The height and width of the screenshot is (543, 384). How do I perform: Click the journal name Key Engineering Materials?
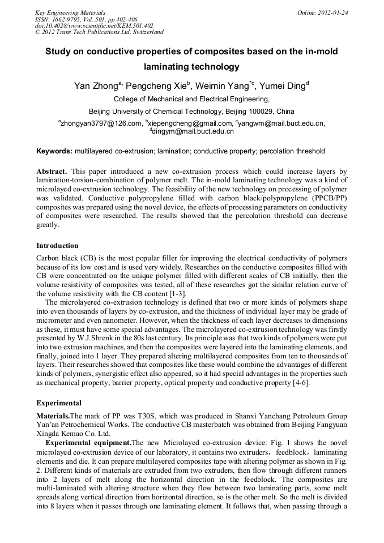[x=70, y=12]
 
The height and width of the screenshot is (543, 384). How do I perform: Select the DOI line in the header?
[x=94, y=25]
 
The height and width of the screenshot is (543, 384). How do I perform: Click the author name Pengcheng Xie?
[x=159, y=86]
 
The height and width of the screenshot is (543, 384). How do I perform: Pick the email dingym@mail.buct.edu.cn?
[x=193, y=131]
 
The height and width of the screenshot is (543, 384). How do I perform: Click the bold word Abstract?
[x=52, y=171]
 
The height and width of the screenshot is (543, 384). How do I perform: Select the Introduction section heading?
[x=57, y=246]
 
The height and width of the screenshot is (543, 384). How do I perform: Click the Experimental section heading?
[x=59, y=403]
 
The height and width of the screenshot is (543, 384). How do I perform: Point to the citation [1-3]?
[x=176, y=294]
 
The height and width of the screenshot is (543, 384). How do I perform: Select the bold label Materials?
[x=53, y=416]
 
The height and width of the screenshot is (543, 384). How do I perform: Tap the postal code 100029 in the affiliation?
[x=263, y=111]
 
